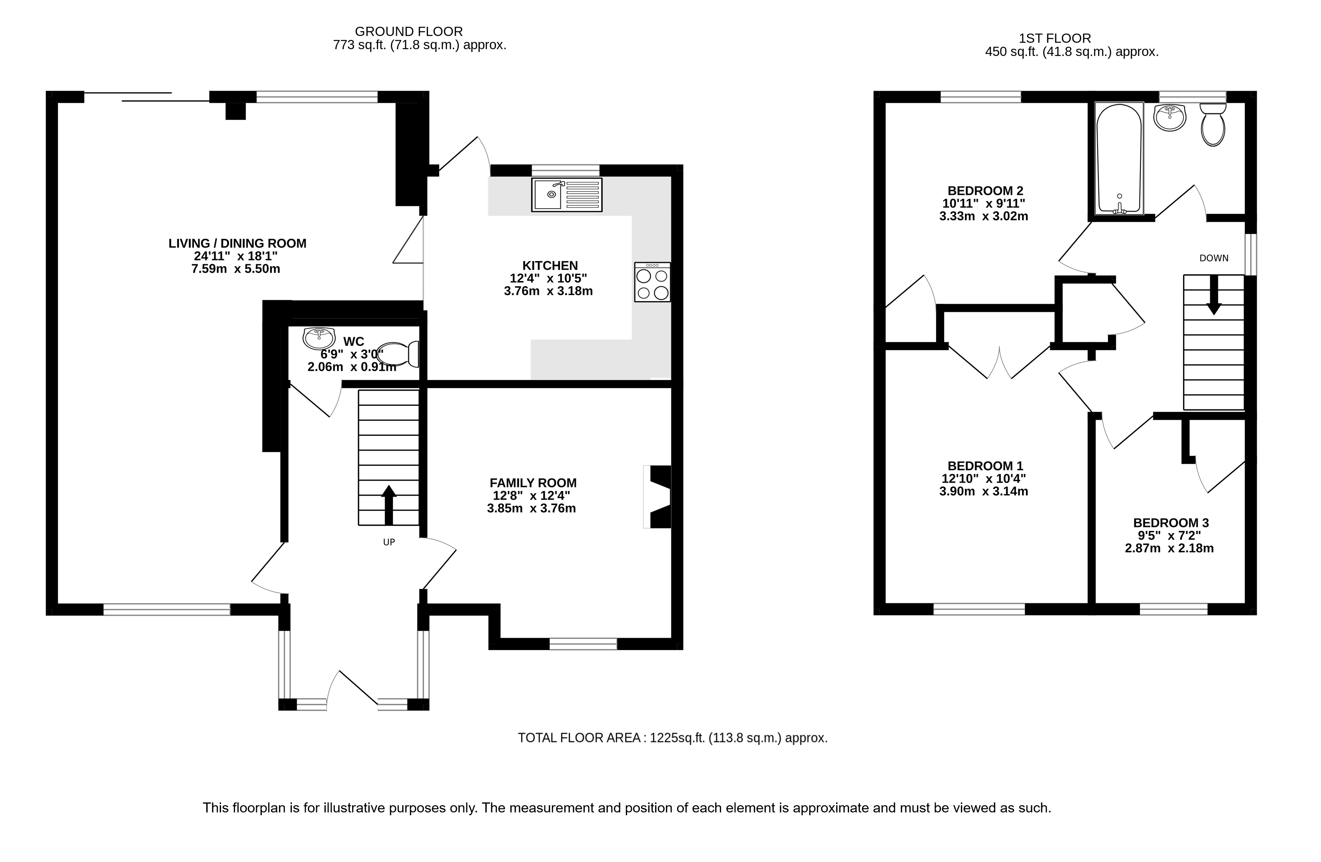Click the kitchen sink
[x=567, y=195]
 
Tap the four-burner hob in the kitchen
[x=652, y=282]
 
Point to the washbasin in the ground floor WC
[x=319, y=338]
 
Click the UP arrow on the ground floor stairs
[x=389, y=505]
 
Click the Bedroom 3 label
[x=1171, y=523]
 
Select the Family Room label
[x=533, y=483]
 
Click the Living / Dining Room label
[x=237, y=243]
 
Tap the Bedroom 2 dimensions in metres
[x=984, y=216]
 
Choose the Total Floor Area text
[x=673, y=738]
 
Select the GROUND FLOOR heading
[x=408, y=32]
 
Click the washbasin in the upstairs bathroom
[x=1170, y=118]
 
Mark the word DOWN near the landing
[x=1214, y=258]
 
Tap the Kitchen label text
[x=550, y=265]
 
